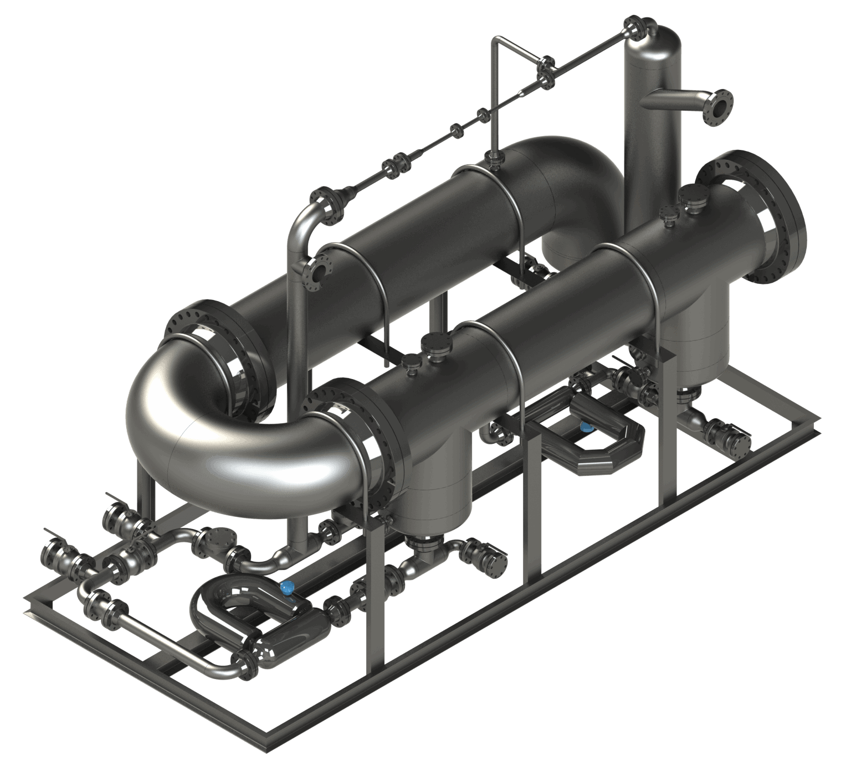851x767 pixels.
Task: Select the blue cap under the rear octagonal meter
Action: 585,426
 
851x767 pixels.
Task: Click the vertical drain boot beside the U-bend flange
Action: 438,487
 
